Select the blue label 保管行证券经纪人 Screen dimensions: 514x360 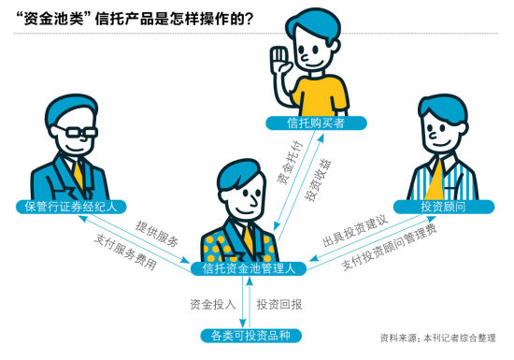64,205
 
